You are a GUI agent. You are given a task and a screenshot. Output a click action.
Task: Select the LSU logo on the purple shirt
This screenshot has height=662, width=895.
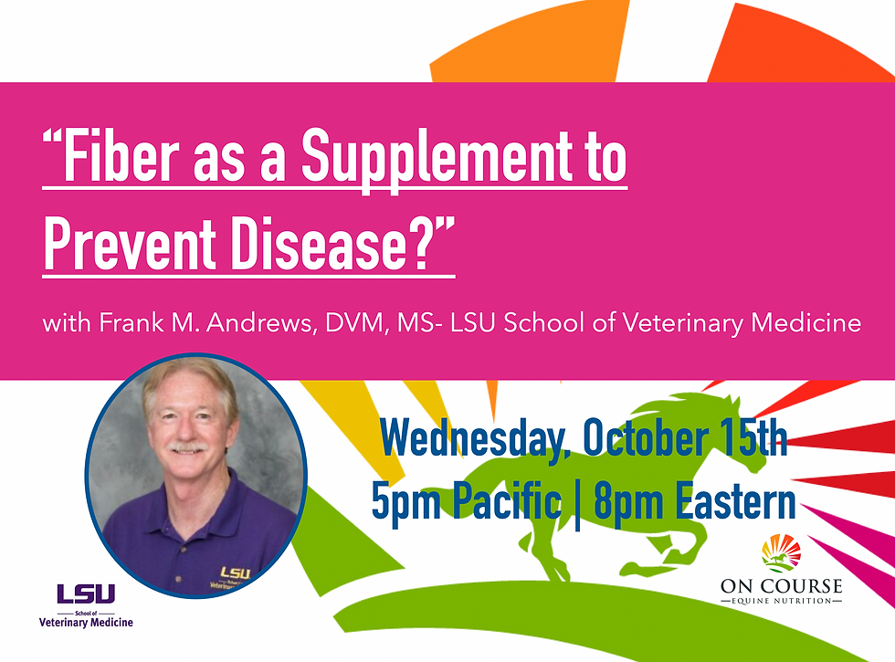click(235, 574)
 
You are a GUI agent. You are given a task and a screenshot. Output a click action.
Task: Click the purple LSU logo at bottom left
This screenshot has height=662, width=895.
click(86, 594)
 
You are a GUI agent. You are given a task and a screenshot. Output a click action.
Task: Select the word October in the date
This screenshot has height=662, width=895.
click(638, 441)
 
